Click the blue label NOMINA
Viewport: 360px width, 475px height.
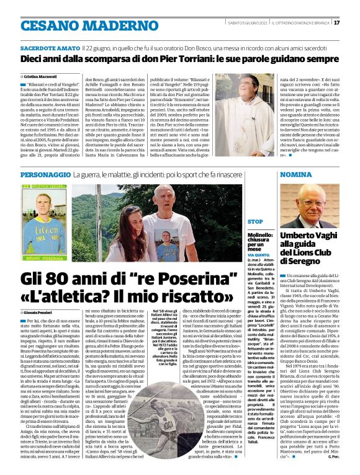point(297,176)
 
